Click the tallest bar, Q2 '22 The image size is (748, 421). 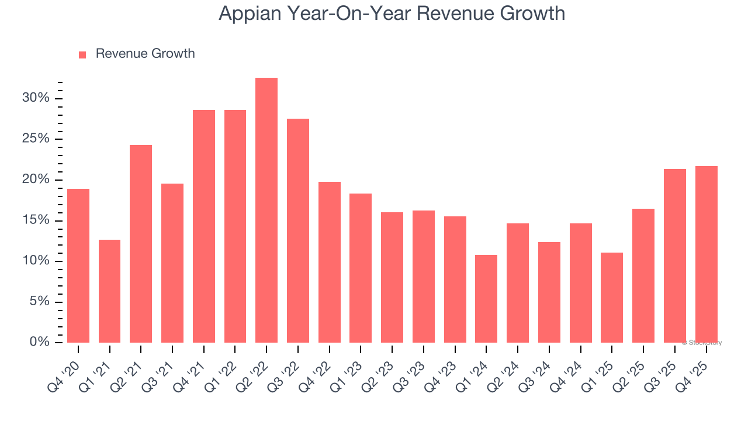266,210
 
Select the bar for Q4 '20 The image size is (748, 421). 78,266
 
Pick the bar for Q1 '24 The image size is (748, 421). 486,299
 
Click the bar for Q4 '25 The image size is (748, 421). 706,254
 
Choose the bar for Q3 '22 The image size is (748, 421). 298,231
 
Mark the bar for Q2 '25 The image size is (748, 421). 643,275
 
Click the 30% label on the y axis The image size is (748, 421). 36,98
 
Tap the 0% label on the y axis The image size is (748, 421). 40,342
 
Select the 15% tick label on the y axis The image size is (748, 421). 36,220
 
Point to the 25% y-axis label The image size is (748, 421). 36,139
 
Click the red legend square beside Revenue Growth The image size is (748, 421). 82,54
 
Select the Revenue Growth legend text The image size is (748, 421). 145,54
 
